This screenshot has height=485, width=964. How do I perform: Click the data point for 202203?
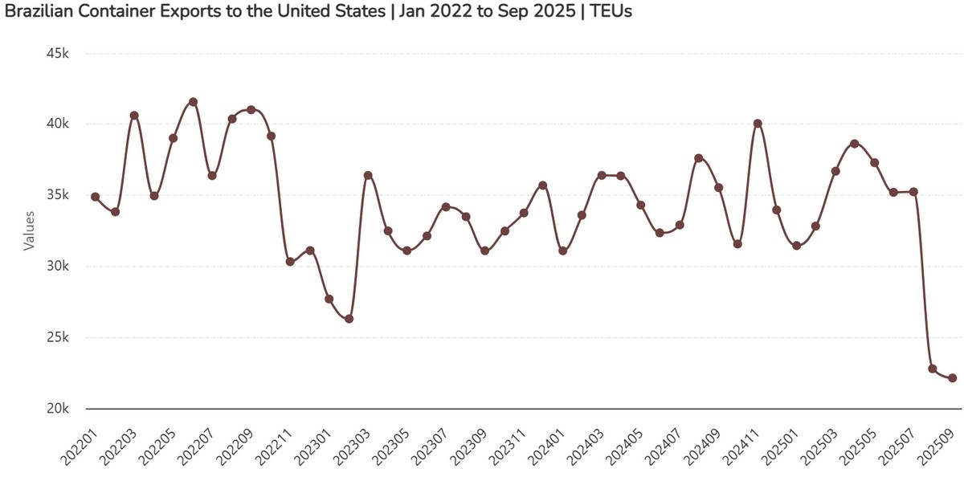click(x=134, y=116)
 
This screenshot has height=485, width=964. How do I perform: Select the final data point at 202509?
click(x=952, y=378)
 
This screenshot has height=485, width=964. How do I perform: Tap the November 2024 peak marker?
click(x=758, y=124)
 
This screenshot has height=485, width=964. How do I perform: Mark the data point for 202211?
click(x=290, y=262)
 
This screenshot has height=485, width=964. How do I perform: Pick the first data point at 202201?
click(x=96, y=197)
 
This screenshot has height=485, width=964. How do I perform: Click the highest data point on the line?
click(x=193, y=102)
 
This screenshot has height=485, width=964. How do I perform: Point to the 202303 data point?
click(x=368, y=175)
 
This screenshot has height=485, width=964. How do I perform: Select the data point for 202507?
click(x=913, y=192)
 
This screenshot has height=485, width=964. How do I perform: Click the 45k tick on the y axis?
click(x=59, y=54)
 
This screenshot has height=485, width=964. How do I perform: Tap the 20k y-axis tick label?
click(x=59, y=409)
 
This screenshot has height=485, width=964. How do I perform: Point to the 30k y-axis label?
click(x=59, y=267)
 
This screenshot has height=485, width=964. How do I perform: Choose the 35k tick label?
click(x=59, y=196)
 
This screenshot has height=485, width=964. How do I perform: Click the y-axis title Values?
click(x=29, y=230)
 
